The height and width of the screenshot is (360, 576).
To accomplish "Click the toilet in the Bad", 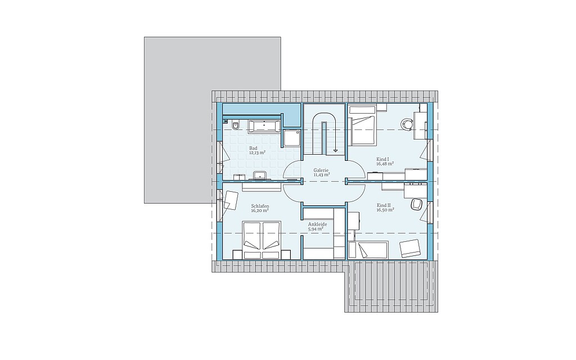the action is coord(236,125).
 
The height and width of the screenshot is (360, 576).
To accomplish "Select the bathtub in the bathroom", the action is coord(265,127).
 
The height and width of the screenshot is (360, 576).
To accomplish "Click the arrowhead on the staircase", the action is coord(335,150).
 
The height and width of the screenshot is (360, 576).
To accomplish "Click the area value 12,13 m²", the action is coord(258,152).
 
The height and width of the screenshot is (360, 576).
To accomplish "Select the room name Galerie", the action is coord(321,170).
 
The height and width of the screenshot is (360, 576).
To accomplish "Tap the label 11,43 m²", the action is coord(321,175).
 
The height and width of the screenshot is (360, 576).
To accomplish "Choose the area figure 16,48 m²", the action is coord(385,164).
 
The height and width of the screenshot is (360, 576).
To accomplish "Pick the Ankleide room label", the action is coord(317,224).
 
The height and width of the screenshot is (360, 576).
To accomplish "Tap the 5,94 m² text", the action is coord(316,228).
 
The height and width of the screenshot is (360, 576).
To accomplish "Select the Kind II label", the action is coord(384,205).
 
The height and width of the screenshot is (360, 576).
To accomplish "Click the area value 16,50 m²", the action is coord(385,210).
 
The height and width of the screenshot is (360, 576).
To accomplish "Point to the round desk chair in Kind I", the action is coord(407,124).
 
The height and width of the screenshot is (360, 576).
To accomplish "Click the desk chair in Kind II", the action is coord(417,204).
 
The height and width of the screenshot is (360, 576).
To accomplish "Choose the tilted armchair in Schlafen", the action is coord(230,200).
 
